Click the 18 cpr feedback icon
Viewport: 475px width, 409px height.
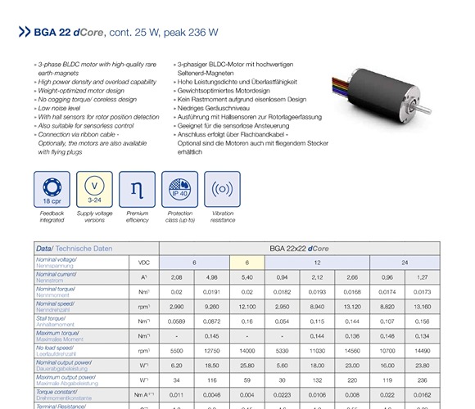(x=52, y=188)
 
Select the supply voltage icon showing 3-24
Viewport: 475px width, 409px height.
(x=94, y=188)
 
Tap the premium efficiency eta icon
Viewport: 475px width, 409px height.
(x=137, y=188)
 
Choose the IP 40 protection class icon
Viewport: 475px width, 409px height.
(x=179, y=188)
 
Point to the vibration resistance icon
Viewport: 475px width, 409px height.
(x=222, y=188)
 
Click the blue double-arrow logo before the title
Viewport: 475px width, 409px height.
(x=25, y=34)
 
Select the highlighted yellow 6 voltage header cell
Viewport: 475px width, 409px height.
(x=245, y=262)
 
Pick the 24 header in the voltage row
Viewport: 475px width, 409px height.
(x=405, y=262)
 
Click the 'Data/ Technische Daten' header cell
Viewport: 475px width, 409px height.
(x=74, y=248)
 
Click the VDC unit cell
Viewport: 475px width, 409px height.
(x=144, y=262)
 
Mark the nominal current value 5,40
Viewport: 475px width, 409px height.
(x=245, y=276)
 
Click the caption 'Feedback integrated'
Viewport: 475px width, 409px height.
(x=52, y=217)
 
